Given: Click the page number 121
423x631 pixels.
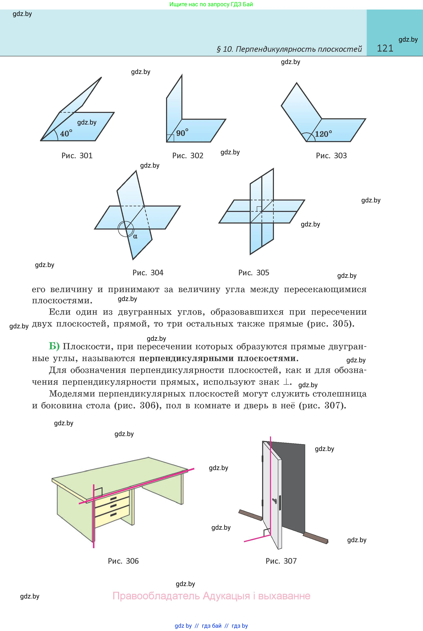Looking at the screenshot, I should (x=385, y=48).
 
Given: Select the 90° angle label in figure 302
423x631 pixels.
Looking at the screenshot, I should (x=182, y=133).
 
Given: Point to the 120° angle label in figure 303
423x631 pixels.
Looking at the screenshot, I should (x=323, y=134).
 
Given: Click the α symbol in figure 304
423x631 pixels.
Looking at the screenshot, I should (x=135, y=236).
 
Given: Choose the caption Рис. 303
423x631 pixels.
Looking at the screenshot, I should (x=331, y=156).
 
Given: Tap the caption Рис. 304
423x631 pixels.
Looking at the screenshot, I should (x=148, y=273).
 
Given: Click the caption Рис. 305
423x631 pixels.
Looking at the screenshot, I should (x=254, y=273).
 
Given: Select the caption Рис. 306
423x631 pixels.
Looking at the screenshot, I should (x=123, y=561).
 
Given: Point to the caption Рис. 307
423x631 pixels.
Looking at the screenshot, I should (x=281, y=561).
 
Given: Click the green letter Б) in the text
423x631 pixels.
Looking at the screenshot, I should (x=54, y=346).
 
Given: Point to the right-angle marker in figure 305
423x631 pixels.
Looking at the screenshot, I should (x=259, y=209).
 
